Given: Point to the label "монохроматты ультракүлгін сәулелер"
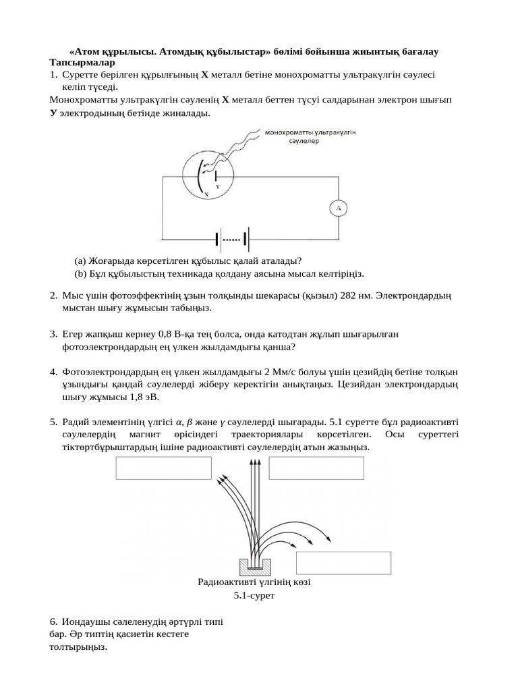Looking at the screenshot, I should (310, 137).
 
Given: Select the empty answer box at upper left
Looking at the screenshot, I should (164, 468).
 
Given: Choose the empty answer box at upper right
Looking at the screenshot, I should (316, 468).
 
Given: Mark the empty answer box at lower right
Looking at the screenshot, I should (344, 563).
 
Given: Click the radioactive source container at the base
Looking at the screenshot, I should (254, 563).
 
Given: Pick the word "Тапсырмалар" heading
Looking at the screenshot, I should (78, 63).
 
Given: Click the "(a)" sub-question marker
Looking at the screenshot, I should (80, 260).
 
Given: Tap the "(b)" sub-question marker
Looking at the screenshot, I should (80, 273).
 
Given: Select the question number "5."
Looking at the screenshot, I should (53, 422).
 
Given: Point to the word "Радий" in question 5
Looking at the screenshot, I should (76, 422).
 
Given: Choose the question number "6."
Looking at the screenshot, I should (53, 621).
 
